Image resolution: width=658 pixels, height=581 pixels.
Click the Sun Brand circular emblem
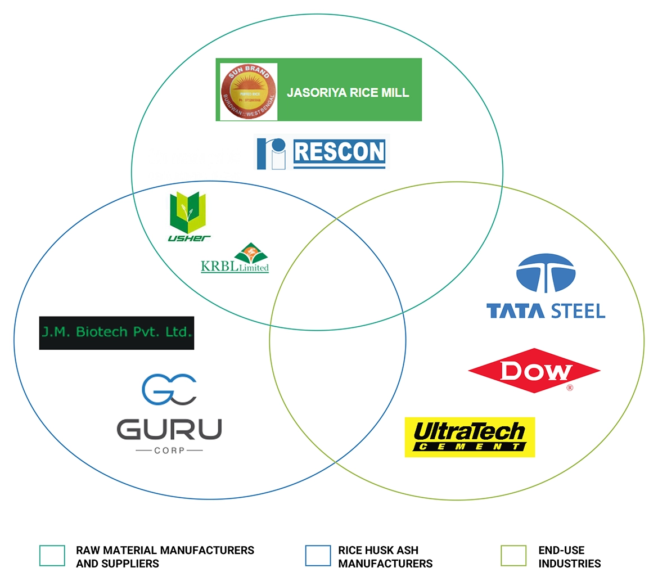point(248,91)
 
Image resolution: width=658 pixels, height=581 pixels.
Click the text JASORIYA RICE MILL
point(348,92)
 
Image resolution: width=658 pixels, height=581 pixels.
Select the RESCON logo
point(322,152)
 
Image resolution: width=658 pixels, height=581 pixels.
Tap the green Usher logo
point(188,216)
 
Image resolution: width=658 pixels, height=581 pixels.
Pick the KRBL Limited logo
point(235,259)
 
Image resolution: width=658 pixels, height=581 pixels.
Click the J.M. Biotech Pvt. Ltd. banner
point(116,332)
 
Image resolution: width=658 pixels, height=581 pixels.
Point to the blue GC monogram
point(169,389)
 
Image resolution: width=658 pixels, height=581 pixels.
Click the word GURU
point(169,430)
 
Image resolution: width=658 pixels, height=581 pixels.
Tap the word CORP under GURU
point(169,451)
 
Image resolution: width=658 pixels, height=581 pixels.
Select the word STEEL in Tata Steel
point(578,311)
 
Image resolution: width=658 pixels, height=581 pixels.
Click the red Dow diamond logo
point(534,371)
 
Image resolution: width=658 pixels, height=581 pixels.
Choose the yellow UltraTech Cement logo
point(470,437)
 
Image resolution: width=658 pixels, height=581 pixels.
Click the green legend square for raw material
point(52,556)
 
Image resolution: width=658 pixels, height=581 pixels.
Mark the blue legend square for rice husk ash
point(318,556)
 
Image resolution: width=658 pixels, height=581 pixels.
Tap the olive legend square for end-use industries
point(513,556)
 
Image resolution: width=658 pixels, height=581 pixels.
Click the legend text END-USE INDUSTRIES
point(569,557)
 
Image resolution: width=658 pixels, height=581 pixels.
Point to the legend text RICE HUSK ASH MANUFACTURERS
point(385,557)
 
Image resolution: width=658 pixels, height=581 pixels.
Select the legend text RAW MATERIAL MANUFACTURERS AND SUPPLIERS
point(165,557)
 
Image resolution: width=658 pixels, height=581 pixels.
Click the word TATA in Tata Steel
point(514,311)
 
